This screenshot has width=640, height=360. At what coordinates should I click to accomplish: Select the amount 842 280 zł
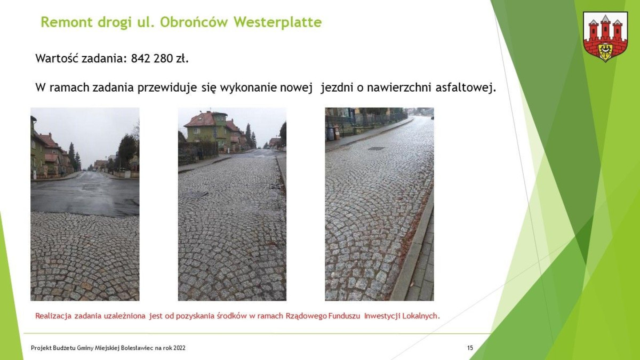click(x=160, y=58)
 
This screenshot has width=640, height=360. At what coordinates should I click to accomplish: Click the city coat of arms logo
click(x=605, y=36)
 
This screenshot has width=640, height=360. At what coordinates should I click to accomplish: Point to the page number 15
click(x=470, y=348)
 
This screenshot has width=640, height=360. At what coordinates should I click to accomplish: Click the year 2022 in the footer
click(x=179, y=348)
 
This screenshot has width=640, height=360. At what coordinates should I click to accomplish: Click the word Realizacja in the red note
click(x=52, y=316)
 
